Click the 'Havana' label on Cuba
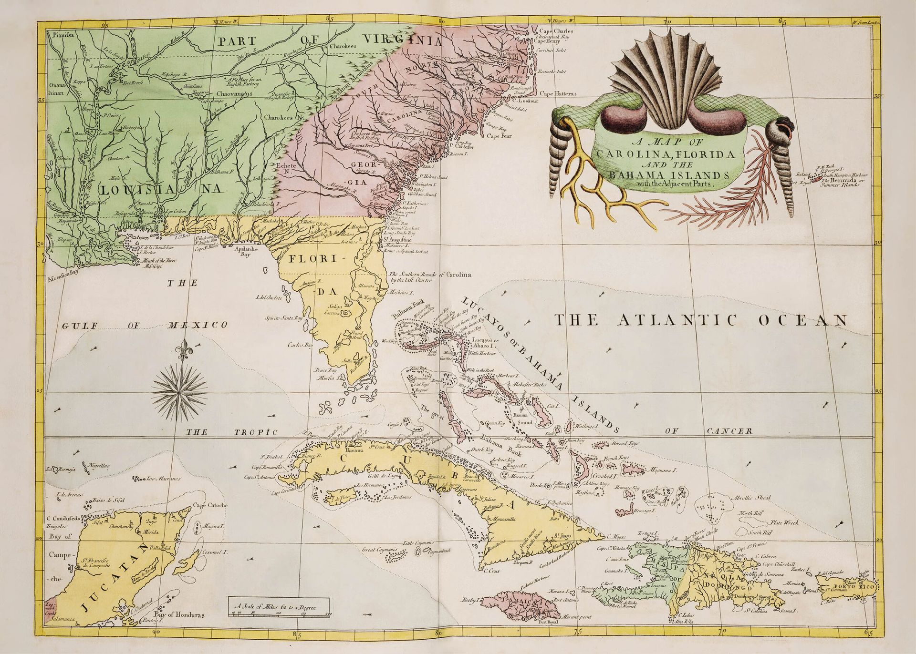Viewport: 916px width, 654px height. pos(354,449)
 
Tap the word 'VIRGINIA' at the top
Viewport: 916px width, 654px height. pos(402,40)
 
